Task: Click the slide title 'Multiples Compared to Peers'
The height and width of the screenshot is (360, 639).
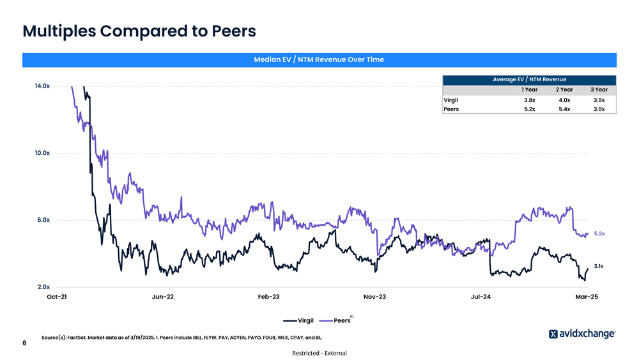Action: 139,31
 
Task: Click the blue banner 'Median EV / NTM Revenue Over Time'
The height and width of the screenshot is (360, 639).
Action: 319,59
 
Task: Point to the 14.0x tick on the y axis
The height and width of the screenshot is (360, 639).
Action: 42,86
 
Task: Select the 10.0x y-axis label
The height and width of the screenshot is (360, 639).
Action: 42,153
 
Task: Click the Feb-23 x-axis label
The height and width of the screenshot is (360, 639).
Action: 268,297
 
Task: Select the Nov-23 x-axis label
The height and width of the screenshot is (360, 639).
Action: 374,297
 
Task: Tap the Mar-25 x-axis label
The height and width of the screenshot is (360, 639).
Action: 586,297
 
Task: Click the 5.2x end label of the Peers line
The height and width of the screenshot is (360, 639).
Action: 599,234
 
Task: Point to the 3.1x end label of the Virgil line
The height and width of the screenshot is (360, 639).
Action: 599,266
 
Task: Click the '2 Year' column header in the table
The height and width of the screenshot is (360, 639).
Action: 564,90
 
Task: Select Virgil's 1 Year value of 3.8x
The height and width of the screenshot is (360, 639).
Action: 529,100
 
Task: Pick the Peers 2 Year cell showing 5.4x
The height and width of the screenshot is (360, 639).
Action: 564,109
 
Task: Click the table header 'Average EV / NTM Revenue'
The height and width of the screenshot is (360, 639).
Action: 529,79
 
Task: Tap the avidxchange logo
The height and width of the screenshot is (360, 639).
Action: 582,334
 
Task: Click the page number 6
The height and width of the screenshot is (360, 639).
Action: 24,343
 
